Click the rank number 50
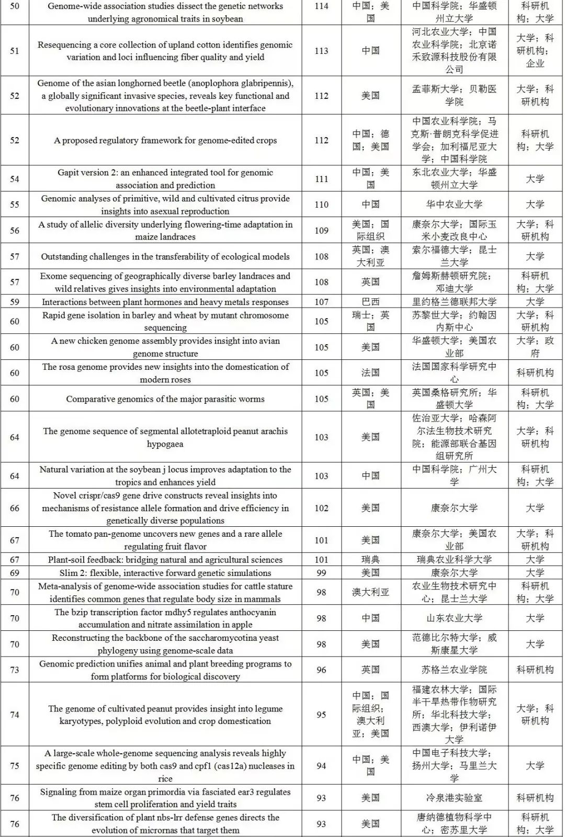[15, 6]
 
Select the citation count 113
[321, 51]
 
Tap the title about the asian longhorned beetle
[165, 96]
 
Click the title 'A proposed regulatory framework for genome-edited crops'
[165, 140]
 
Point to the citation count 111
[321, 179]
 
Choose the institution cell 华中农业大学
[454, 205]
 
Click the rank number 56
[15, 231]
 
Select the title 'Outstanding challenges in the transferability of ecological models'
[165, 256]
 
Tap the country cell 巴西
[370, 302]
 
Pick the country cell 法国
[370, 373]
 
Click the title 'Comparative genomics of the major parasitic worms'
[165, 399]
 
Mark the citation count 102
[321, 508]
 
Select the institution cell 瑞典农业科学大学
[454, 560]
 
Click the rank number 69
[15, 573]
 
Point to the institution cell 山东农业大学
[454, 618]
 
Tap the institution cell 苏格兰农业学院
[454, 670]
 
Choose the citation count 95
[321, 715]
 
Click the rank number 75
[15, 766]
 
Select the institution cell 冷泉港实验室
[454, 798]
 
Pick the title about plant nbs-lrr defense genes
[165, 824]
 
